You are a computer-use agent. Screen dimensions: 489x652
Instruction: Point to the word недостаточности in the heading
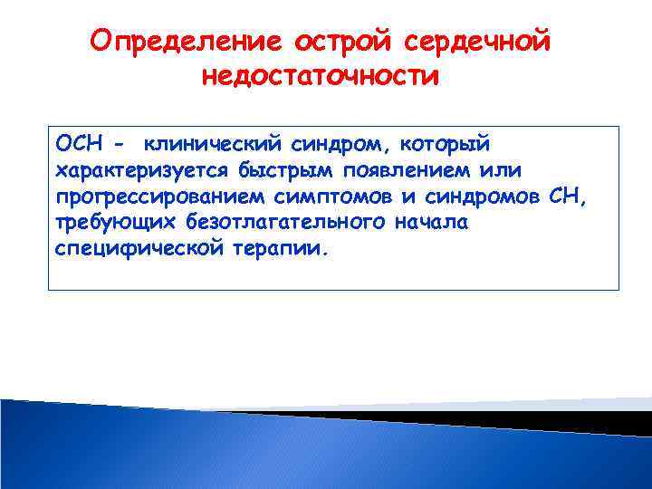coord(321,77)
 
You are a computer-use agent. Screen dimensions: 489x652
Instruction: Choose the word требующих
coord(97,222)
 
